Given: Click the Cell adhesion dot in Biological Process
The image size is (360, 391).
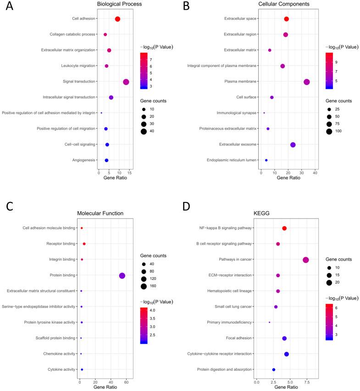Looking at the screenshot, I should click(x=117, y=19).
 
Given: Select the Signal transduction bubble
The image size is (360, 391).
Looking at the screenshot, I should click(x=126, y=82).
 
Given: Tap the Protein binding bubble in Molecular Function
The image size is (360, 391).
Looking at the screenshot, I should click(x=122, y=275).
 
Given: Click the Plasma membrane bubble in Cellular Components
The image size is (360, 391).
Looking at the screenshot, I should click(x=307, y=82).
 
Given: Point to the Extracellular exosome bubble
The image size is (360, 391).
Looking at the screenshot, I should click(x=293, y=145).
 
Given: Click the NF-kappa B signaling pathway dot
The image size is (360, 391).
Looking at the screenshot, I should click(x=284, y=228).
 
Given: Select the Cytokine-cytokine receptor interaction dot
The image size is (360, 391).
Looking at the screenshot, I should click(x=287, y=354).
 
